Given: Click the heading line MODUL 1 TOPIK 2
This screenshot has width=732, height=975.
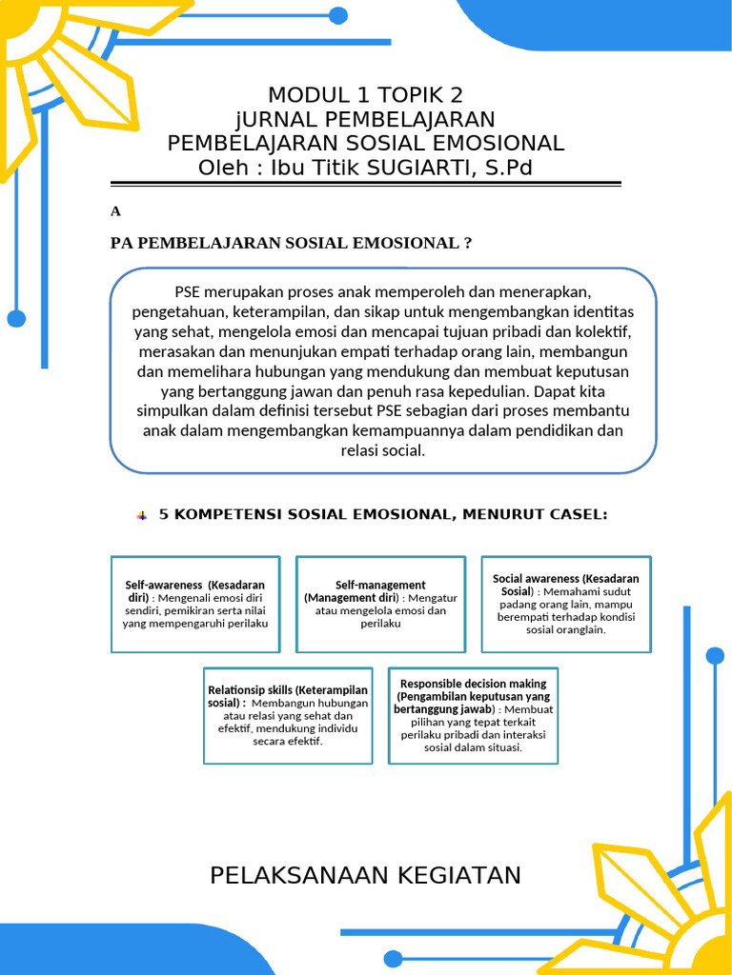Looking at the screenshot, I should coord(366,95).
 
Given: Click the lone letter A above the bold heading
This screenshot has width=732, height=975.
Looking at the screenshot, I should coord(116,211).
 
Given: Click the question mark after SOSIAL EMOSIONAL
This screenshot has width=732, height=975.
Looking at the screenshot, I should coord(467,243).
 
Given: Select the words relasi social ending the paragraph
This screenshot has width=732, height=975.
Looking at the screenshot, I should coord(381,450).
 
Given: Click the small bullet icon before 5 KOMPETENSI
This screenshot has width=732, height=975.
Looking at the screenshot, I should coord(142,515).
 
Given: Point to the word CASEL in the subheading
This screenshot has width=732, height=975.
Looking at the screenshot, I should coord(574,514).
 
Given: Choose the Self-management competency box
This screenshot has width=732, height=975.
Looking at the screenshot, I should coord(380,604).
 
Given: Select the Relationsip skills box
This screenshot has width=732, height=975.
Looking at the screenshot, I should coord(288,715).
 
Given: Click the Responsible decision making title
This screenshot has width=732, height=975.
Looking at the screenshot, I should coord(473,684).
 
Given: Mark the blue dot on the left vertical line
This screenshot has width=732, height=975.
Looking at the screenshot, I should coord(16,318).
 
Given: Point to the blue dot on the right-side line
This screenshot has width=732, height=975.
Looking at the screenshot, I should coord(715,655).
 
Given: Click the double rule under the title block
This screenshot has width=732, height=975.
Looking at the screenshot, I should coord(366,184).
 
